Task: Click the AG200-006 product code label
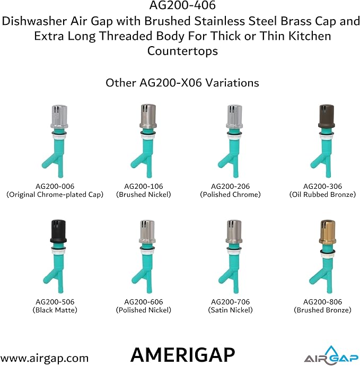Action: point(55,186)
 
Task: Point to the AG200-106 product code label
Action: point(144,186)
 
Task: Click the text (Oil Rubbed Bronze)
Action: point(322,195)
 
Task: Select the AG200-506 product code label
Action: point(55,302)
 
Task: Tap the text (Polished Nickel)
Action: point(144,310)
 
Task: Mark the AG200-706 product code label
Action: point(231,302)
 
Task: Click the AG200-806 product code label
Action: point(322,302)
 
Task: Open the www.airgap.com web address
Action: point(45,358)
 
